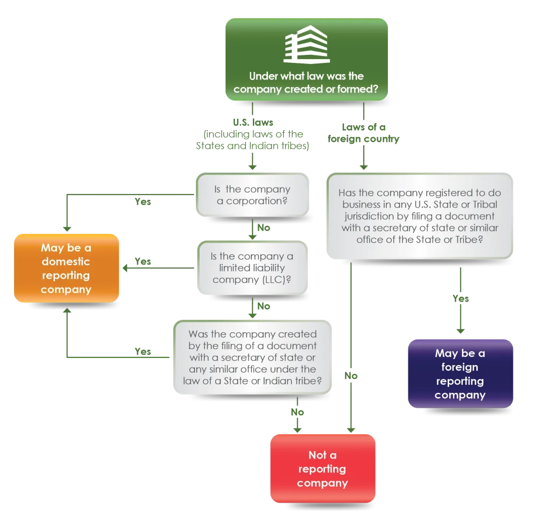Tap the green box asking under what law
pos(306,59)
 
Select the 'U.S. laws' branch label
pos(253,122)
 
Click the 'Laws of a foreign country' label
pos(364,133)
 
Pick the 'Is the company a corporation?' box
pos(252,195)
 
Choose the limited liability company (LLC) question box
pos(252,268)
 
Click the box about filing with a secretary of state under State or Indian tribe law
pos(252,357)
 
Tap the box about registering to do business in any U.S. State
pos(420,216)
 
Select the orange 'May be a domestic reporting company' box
pos(66,268)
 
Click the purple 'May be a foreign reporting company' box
pos(461,374)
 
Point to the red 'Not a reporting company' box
pos(323,469)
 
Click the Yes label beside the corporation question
pos(143,202)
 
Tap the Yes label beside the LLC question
pos(143,261)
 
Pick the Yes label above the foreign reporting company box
pos(461,298)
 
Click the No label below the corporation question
pos(264,227)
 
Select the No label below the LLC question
pos(264,306)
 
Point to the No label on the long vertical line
pos(351,376)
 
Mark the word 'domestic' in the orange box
pos(66,261)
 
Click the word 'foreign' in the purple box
pos(460,367)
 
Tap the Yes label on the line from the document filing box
pos(143,352)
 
